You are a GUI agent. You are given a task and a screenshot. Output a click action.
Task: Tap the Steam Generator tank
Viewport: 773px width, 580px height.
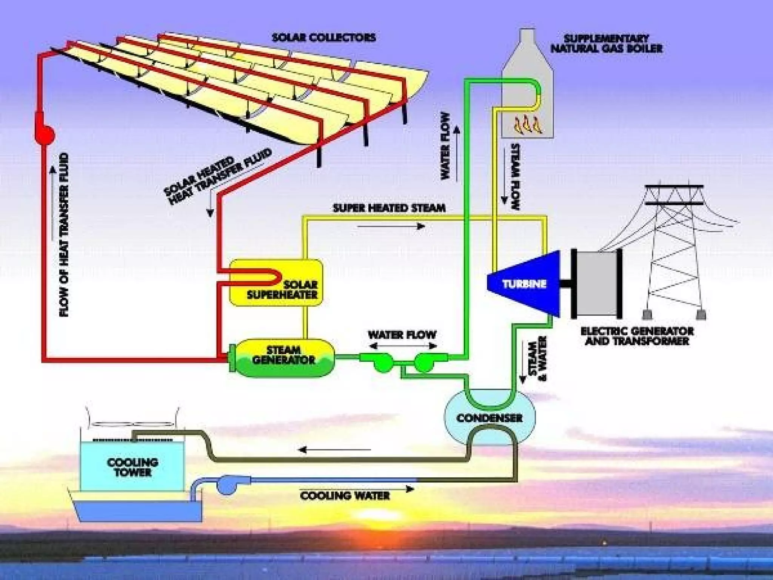pos(282,358)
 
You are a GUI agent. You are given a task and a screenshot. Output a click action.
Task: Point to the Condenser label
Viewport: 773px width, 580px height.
pos(489,418)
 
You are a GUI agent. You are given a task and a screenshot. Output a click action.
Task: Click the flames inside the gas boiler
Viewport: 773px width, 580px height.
pos(528,125)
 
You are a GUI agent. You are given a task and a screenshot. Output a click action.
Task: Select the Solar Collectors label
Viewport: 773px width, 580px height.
pos(324,37)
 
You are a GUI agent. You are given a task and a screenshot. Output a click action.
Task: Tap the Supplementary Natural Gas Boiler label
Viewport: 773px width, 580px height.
pos(606,43)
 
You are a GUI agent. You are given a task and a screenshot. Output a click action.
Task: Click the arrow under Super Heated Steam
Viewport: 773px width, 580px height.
pos(391,226)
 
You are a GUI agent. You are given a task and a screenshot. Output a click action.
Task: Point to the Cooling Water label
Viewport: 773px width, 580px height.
pos(345,495)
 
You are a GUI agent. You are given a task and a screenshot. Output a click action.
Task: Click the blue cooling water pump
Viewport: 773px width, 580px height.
pos(226,484)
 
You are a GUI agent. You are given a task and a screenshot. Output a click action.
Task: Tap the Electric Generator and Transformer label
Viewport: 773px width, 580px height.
pos(637,336)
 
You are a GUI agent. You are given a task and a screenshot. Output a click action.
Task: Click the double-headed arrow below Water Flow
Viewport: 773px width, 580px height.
pos(403,346)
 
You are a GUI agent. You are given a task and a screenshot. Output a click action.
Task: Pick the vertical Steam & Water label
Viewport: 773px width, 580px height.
pos(537,358)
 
